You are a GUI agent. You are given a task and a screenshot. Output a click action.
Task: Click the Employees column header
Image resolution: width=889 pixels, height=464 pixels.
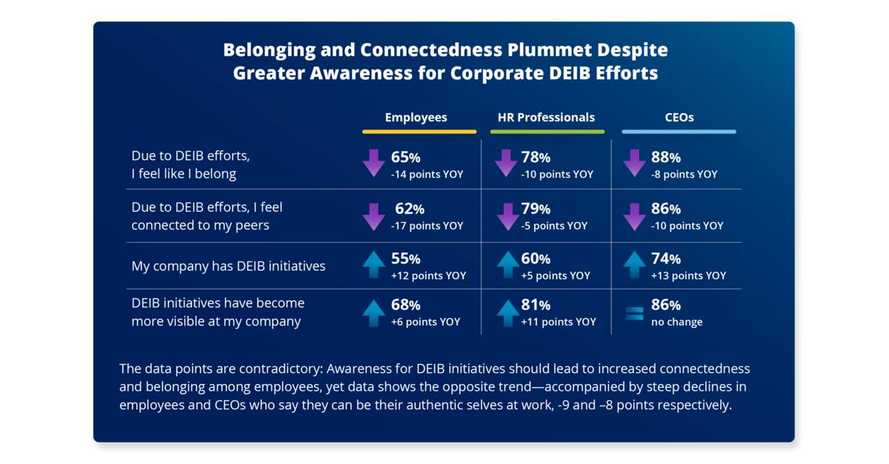click(416, 117)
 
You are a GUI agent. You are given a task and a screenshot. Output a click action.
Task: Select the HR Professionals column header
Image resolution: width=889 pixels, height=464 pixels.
click(547, 117)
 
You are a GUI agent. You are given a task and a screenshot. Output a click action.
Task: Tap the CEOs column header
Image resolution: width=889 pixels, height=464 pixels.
click(679, 117)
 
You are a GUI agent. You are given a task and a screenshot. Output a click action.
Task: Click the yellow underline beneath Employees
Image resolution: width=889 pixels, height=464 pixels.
click(419, 132)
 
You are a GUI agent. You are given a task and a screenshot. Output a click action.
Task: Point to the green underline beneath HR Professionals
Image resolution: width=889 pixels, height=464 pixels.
click(547, 132)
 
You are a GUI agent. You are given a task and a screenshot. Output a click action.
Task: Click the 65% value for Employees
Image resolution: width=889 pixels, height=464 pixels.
click(405, 158)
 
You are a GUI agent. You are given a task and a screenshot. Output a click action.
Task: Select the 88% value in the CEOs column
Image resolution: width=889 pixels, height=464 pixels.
click(665, 158)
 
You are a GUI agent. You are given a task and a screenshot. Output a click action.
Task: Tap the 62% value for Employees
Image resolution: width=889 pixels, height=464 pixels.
click(410, 209)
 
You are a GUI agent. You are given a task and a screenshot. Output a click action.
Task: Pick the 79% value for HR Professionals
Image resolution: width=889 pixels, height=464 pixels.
click(536, 209)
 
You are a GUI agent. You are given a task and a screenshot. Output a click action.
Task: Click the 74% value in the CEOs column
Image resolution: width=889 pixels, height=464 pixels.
click(665, 259)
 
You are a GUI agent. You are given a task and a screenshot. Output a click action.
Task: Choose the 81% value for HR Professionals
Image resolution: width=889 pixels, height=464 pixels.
click(536, 305)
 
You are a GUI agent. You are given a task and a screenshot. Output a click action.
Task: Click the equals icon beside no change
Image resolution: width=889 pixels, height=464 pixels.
click(635, 313)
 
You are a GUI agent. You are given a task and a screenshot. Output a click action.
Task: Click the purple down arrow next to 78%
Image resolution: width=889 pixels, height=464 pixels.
click(506, 163)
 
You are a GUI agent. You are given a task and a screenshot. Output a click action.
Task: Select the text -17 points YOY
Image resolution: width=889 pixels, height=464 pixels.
click(427, 226)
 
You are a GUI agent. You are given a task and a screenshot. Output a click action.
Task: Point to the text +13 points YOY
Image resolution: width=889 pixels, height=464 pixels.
click(688, 275)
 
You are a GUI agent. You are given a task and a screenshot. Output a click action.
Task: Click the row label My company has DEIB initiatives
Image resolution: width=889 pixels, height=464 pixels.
click(228, 266)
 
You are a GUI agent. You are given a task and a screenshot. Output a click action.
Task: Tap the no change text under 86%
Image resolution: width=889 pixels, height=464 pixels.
click(676, 322)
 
